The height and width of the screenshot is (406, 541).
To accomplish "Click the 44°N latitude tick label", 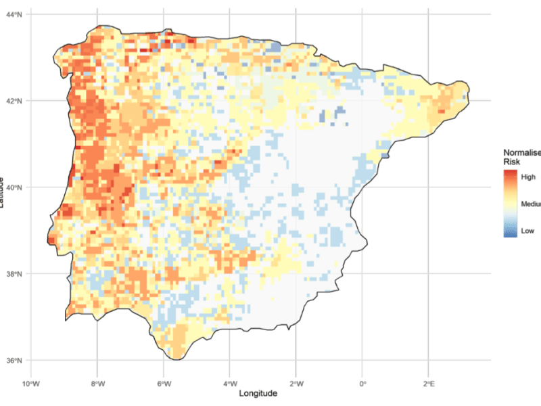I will pyautogui.click(x=14, y=14).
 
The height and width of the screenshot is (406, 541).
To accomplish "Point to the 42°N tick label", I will pyautogui.click(x=14, y=100).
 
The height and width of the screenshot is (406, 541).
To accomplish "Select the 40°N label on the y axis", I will pyautogui.click(x=14, y=187).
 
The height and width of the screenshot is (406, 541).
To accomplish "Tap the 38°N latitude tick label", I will pyautogui.click(x=14, y=274).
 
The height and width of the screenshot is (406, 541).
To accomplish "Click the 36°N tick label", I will pyautogui.click(x=14, y=360).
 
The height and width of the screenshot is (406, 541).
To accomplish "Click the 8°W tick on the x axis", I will pyautogui.click(x=97, y=384).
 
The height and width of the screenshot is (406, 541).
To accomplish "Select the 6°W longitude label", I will pyautogui.click(x=164, y=384).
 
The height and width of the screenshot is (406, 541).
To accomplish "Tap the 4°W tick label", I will pyautogui.click(x=229, y=384).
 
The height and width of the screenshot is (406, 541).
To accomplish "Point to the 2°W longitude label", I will pyautogui.click(x=296, y=384).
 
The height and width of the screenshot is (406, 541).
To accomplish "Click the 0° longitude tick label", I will pyautogui.click(x=362, y=384).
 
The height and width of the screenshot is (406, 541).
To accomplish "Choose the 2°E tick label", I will pyautogui.click(x=428, y=384).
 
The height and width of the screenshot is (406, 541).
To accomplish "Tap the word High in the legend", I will pyautogui.click(x=528, y=176).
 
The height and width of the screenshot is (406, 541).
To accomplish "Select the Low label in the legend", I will pyautogui.click(x=527, y=231).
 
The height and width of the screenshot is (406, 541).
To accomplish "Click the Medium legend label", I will pyautogui.click(x=530, y=204).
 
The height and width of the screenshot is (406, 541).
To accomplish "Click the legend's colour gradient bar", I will pyautogui.click(x=510, y=203).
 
